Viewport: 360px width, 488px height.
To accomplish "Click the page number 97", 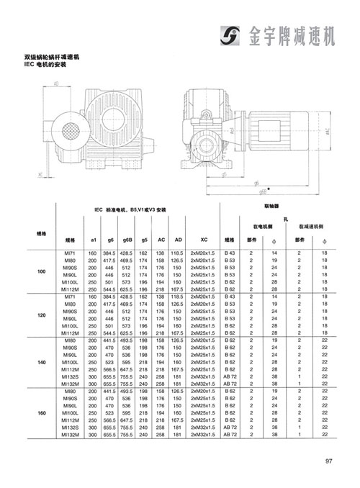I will point(328,462).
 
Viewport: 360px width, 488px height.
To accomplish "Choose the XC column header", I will point(204,239).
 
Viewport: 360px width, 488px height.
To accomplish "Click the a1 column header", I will point(93,239).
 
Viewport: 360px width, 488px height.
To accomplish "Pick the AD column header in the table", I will point(177,239).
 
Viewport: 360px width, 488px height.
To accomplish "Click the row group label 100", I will point(41,271).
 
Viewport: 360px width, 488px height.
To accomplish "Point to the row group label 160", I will point(41,412).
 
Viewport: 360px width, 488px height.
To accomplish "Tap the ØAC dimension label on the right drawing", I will point(328,130).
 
